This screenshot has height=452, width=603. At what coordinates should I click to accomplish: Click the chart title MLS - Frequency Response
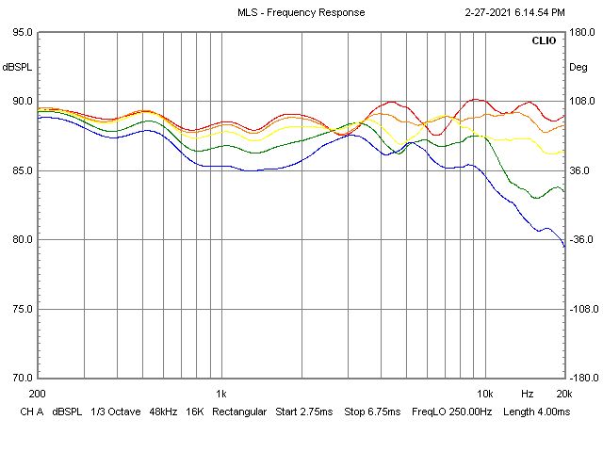(301, 12)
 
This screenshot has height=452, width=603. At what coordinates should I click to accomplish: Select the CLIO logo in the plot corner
(544, 41)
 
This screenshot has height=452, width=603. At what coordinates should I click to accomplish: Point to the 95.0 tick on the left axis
(21, 32)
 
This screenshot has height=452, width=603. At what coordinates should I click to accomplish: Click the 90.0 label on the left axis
(21, 102)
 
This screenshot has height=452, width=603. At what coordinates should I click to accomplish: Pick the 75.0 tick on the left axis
(21, 309)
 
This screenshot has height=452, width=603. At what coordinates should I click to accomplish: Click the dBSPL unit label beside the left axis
(17, 67)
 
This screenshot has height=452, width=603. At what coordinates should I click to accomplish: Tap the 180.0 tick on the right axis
(581, 32)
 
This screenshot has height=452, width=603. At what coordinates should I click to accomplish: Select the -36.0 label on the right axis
(581, 240)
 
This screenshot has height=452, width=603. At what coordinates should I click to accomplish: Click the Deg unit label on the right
(578, 67)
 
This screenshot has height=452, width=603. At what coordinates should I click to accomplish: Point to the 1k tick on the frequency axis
(220, 393)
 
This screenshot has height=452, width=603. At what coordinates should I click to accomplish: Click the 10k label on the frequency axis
(485, 393)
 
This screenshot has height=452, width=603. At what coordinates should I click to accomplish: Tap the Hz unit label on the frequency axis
(527, 393)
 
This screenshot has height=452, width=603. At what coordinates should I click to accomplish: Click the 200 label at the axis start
(38, 393)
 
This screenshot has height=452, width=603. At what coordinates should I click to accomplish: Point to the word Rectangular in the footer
(238, 412)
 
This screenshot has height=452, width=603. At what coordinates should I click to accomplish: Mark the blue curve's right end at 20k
(564, 247)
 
